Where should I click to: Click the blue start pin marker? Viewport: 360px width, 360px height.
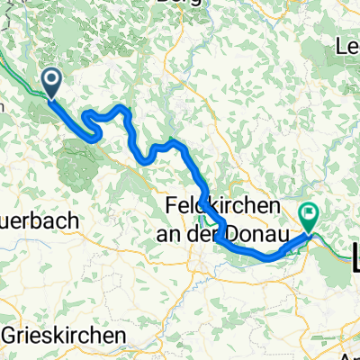click(51, 85)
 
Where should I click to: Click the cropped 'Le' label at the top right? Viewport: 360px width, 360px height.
click(347, 45)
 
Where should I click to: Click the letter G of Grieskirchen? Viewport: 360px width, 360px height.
click(11, 335)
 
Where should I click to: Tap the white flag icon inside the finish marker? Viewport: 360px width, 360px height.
click(310, 212)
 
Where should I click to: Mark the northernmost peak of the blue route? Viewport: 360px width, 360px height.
click(121, 107)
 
